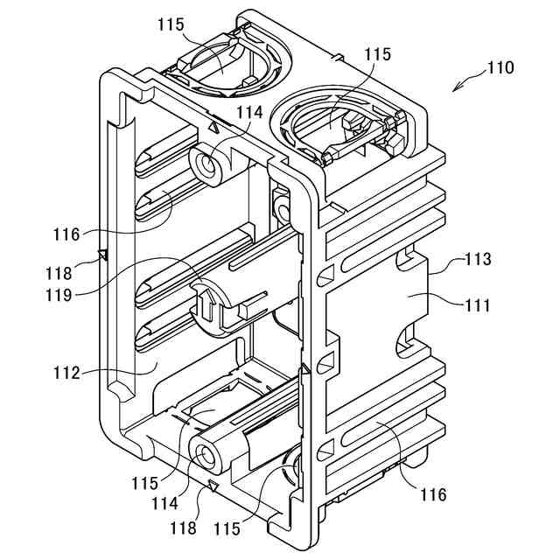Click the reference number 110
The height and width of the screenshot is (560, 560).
pos(501,67)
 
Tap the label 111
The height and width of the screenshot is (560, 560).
pos(478,305)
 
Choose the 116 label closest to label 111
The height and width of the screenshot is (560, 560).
pos(432,495)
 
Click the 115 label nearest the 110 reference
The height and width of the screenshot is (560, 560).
pos(378,54)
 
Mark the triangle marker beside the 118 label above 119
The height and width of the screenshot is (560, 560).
pos(102,255)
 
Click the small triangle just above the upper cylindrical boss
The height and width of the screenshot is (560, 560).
pos(213,128)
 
